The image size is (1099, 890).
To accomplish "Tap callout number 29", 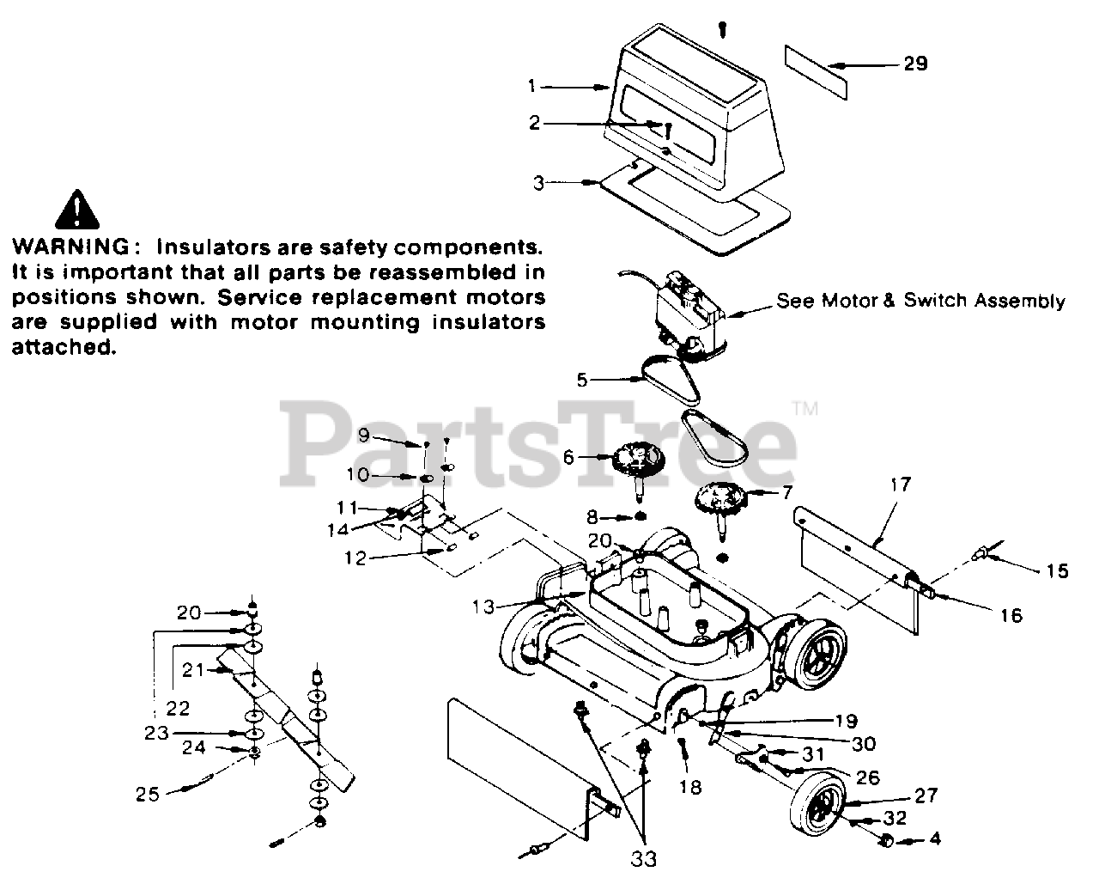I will [915, 64].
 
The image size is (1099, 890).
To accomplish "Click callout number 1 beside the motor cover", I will [532, 86].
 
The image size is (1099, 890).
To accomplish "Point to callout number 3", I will [538, 183].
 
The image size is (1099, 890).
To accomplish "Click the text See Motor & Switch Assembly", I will [920, 302].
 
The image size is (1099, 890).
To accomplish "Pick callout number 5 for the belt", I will [583, 379].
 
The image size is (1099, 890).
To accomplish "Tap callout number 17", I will [901, 485].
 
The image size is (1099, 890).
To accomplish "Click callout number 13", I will [484, 607].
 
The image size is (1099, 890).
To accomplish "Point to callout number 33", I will [644, 857].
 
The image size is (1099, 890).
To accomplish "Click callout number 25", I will [148, 795].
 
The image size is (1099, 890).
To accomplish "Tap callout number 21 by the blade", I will [192, 669].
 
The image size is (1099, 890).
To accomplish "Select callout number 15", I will [1058, 570].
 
